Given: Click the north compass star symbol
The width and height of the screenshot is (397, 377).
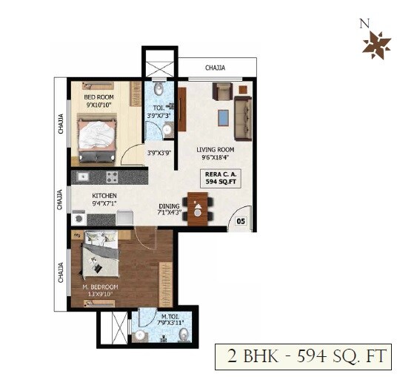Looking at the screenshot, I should click(x=376, y=45).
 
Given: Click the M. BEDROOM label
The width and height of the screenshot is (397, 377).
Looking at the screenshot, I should click(x=100, y=287).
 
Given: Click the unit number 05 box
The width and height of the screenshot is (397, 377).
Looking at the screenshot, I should click(x=241, y=220).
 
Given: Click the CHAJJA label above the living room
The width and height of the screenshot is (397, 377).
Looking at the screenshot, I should click(x=216, y=68).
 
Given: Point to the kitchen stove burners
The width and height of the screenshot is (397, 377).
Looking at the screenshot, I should click(x=112, y=177).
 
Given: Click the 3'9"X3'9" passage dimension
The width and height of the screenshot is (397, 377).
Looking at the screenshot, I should click(x=160, y=154).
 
